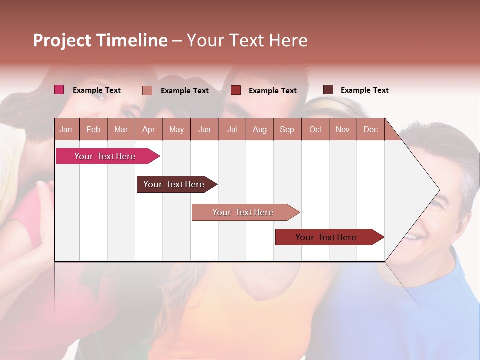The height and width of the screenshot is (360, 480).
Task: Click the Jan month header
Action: click(x=66, y=129)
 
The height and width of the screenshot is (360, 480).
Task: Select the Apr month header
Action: click(x=148, y=129)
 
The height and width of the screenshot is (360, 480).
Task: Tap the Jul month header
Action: click(x=232, y=129)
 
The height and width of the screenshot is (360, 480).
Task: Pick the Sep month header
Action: click(x=287, y=129)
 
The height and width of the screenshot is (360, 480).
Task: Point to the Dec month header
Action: click(x=370, y=129)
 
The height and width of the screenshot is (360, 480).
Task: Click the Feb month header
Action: click(x=93, y=129)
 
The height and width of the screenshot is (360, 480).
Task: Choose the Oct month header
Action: click(x=315, y=129)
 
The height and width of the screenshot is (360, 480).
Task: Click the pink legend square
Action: click(x=59, y=90)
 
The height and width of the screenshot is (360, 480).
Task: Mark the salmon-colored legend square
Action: click(x=147, y=90)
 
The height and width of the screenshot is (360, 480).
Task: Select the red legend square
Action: click(x=236, y=90)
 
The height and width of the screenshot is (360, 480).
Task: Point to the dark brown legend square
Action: click(x=328, y=90)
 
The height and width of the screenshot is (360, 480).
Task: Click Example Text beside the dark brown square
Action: click(x=364, y=90)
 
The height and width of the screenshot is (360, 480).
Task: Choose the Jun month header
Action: click(x=204, y=129)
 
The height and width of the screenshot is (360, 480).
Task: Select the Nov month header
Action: click(x=343, y=129)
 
